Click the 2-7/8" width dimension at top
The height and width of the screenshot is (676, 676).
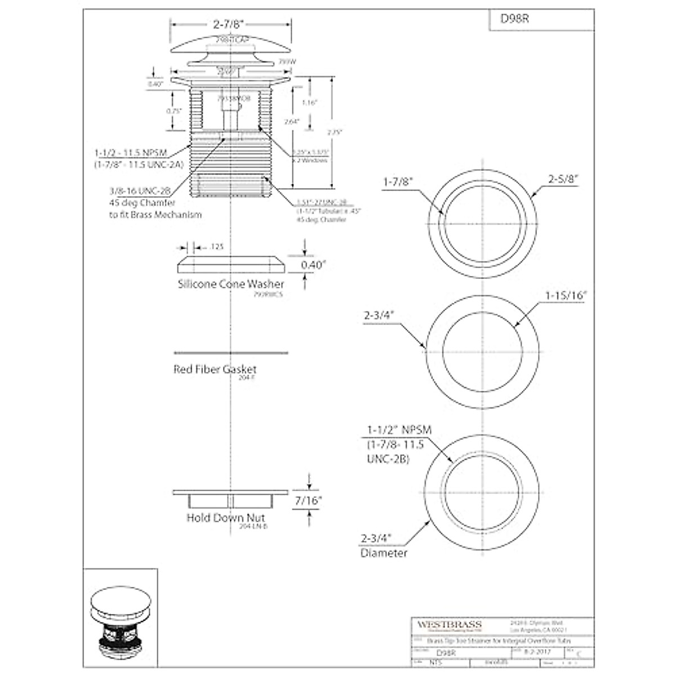[232, 25]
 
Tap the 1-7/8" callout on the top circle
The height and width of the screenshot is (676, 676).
[398, 182]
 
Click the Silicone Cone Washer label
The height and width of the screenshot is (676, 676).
[231, 284]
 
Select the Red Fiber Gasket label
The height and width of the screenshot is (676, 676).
[215, 370]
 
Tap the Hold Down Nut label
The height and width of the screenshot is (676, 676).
[226, 518]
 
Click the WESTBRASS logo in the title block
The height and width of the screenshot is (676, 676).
[449, 624]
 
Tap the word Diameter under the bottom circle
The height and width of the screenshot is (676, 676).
[384, 553]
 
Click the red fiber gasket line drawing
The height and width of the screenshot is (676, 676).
[231, 353]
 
